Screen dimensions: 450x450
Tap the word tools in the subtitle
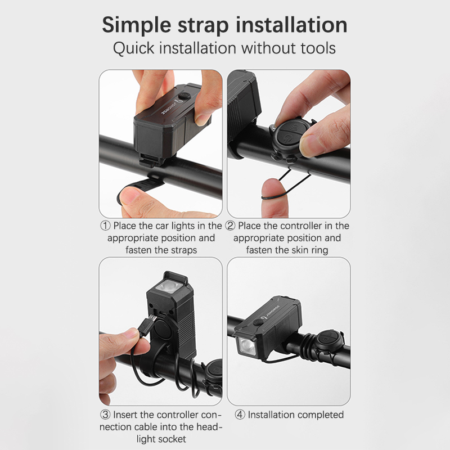pyautogui.click(x=318, y=48)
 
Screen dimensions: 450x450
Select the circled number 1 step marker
pyautogui.click(x=105, y=226)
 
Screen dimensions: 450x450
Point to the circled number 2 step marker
pyautogui.click(x=230, y=226)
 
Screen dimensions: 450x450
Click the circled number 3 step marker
pyautogui.click(x=105, y=415)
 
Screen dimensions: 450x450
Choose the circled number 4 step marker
pyautogui.click(x=240, y=415)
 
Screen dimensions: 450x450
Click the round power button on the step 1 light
pyautogui.click(x=184, y=96)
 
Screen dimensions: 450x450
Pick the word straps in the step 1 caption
pyautogui.click(x=184, y=250)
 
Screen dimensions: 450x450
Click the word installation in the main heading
pyautogui.click(x=291, y=25)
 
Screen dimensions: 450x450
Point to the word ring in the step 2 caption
pyautogui.click(x=319, y=250)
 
